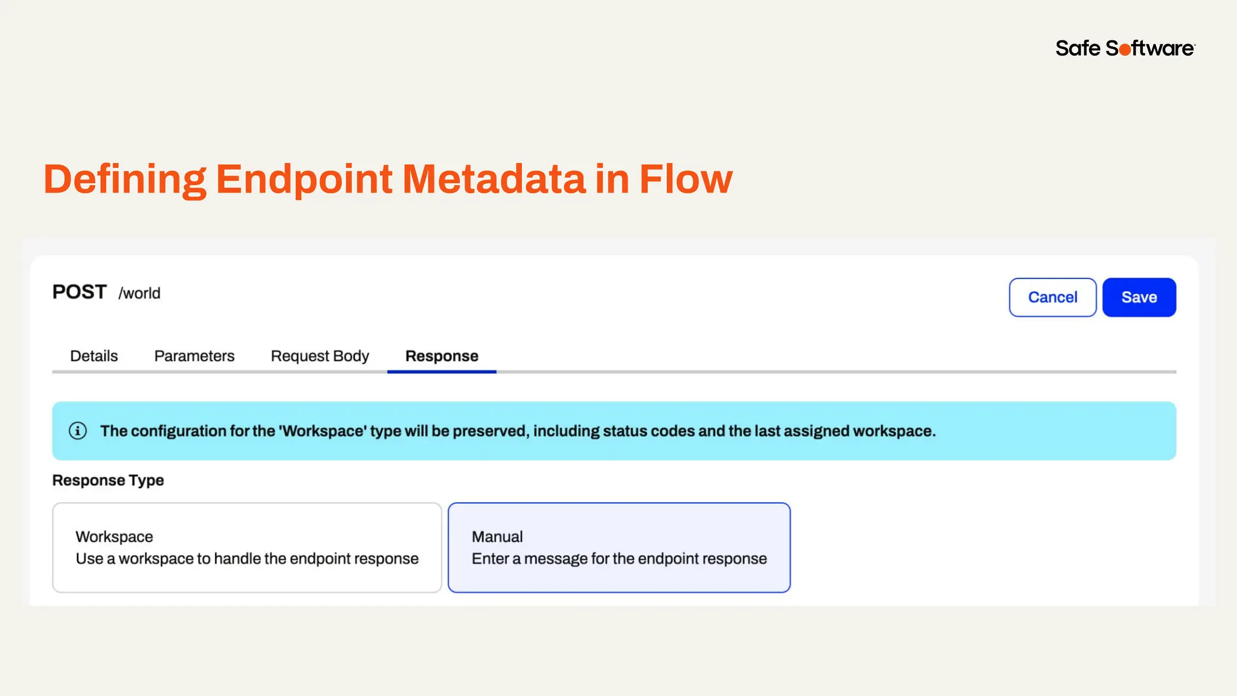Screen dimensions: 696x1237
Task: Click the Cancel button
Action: click(x=1052, y=297)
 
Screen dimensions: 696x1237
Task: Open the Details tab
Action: click(x=94, y=356)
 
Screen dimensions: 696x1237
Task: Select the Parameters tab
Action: click(x=194, y=356)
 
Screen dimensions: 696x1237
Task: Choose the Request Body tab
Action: click(x=320, y=356)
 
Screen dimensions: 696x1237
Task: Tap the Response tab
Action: click(x=442, y=356)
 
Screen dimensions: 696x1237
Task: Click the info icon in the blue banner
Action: click(x=78, y=431)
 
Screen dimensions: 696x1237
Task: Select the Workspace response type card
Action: click(x=247, y=547)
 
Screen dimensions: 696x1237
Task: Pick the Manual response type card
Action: click(x=619, y=547)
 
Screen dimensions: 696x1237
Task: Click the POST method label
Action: click(x=79, y=292)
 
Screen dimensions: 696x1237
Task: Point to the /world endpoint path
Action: click(x=140, y=294)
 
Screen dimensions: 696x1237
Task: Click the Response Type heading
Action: click(x=108, y=480)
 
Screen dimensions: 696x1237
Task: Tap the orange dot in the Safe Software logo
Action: click(x=1125, y=50)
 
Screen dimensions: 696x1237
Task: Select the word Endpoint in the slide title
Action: click(x=304, y=180)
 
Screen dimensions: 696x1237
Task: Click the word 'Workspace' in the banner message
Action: click(x=323, y=431)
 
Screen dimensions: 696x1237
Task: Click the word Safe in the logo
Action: click(x=1078, y=48)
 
